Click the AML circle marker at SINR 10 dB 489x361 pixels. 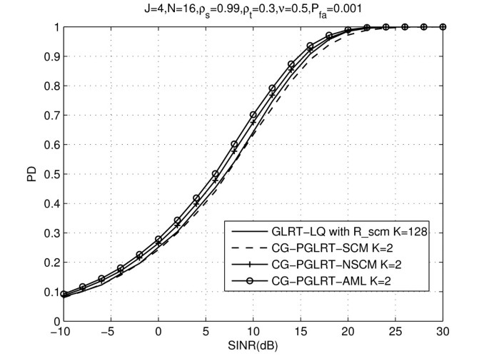(253, 115)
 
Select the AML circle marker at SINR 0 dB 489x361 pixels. (158, 240)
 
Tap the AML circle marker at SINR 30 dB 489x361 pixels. (443, 27)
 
